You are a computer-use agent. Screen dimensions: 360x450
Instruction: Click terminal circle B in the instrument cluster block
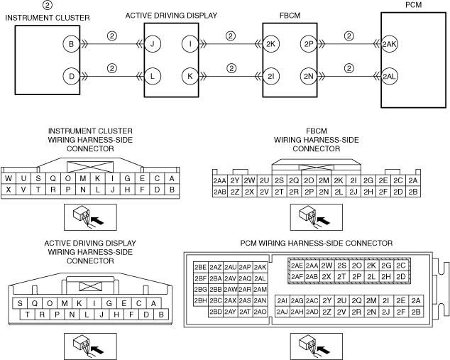pyautogui.click(x=70, y=43)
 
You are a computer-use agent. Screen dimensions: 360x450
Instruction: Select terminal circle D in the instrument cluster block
pyautogui.click(x=70, y=75)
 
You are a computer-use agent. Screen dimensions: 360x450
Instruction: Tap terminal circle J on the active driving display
pyautogui.click(x=155, y=43)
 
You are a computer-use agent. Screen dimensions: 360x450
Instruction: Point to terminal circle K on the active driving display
pyautogui.click(x=190, y=75)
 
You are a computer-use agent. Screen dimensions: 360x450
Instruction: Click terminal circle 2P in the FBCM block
pyautogui.click(x=308, y=43)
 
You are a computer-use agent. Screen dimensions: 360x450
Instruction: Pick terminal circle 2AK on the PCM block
pyautogui.click(x=390, y=43)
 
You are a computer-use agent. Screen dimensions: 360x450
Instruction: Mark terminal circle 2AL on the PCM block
pyautogui.click(x=390, y=75)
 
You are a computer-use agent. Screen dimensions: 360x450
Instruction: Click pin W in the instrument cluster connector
pyautogui.click(x=9, y=179)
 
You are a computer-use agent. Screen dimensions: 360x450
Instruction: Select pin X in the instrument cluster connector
pyautogui.click(x=9, y=190)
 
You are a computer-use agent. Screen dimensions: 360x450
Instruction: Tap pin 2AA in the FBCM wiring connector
pyautogui.click(x=219, y=181)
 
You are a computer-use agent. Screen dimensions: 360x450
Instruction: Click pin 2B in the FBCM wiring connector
pyautogui.click(x=414, y=192)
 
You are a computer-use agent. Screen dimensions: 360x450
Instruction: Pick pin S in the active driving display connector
pyautogui.click(x=21, y=303)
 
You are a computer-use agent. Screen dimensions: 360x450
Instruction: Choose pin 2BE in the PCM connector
pyautogui.click(x=199, y=267)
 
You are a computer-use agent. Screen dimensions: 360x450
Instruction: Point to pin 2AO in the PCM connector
pyautogui.click(x=260, y=312)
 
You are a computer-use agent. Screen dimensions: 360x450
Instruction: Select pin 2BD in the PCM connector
pyautogui.click(x=215, y=312)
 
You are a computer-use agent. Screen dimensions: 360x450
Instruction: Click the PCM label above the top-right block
pyautogui.click(x=413, y=6)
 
